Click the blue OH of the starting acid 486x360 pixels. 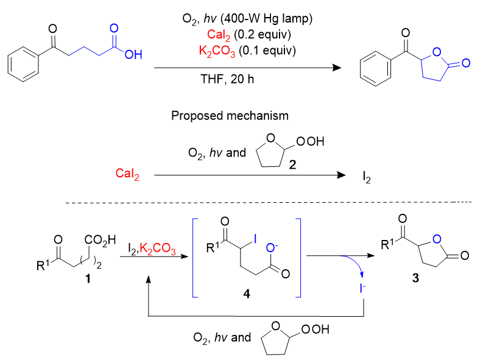coord(133,55)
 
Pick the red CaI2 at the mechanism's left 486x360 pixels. coord(127,175)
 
